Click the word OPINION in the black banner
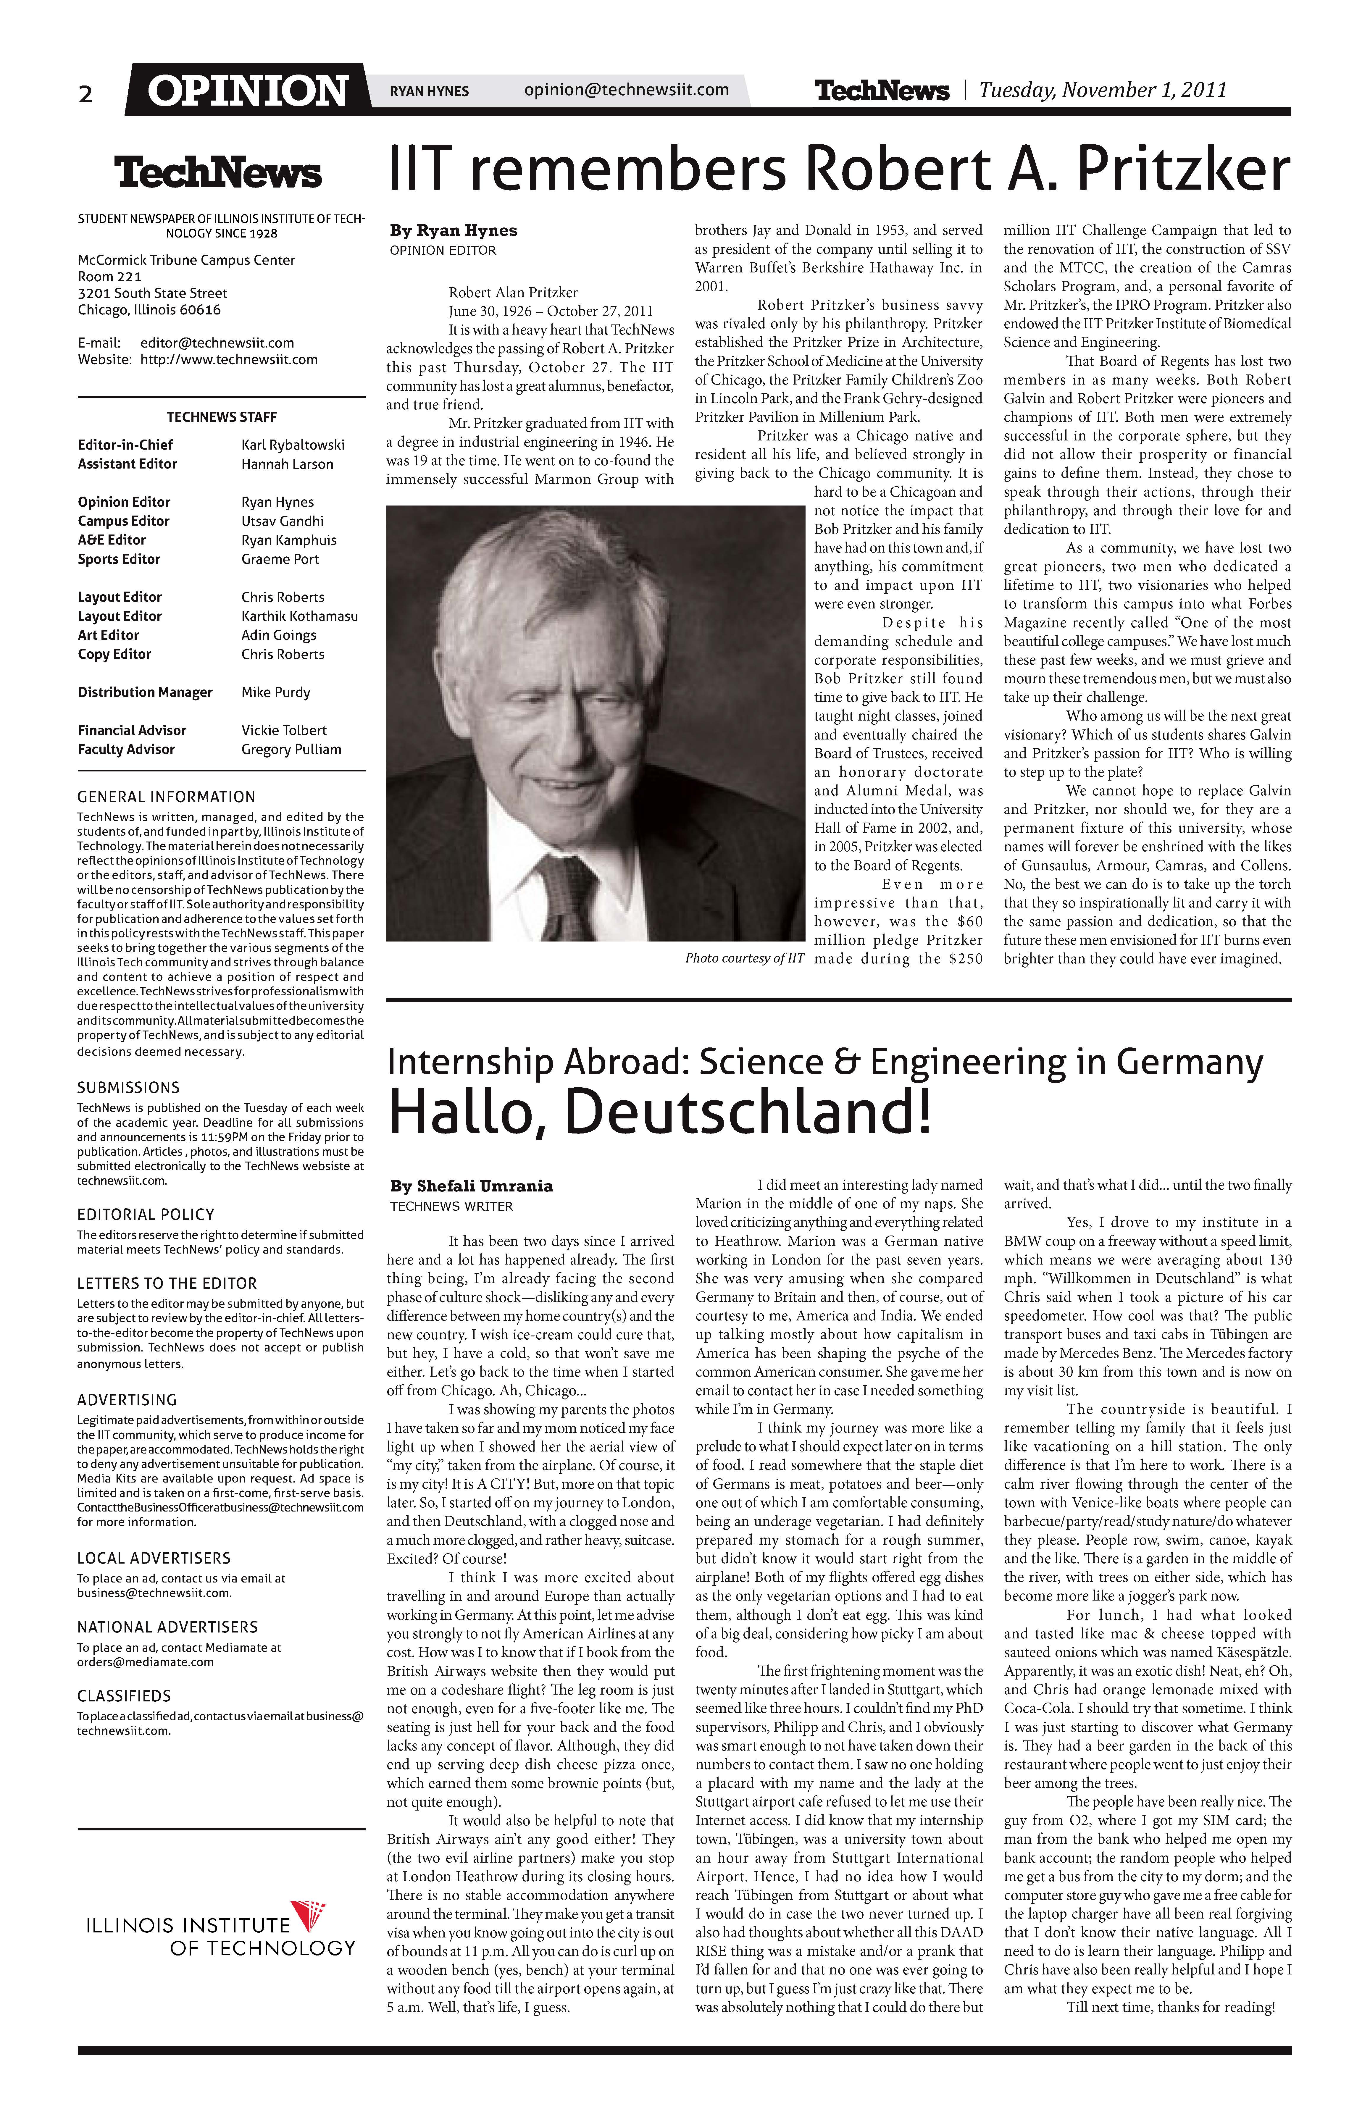pos(247,91)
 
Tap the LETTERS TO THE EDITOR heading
pos(166,1283)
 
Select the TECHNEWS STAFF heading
pos(222,417)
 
